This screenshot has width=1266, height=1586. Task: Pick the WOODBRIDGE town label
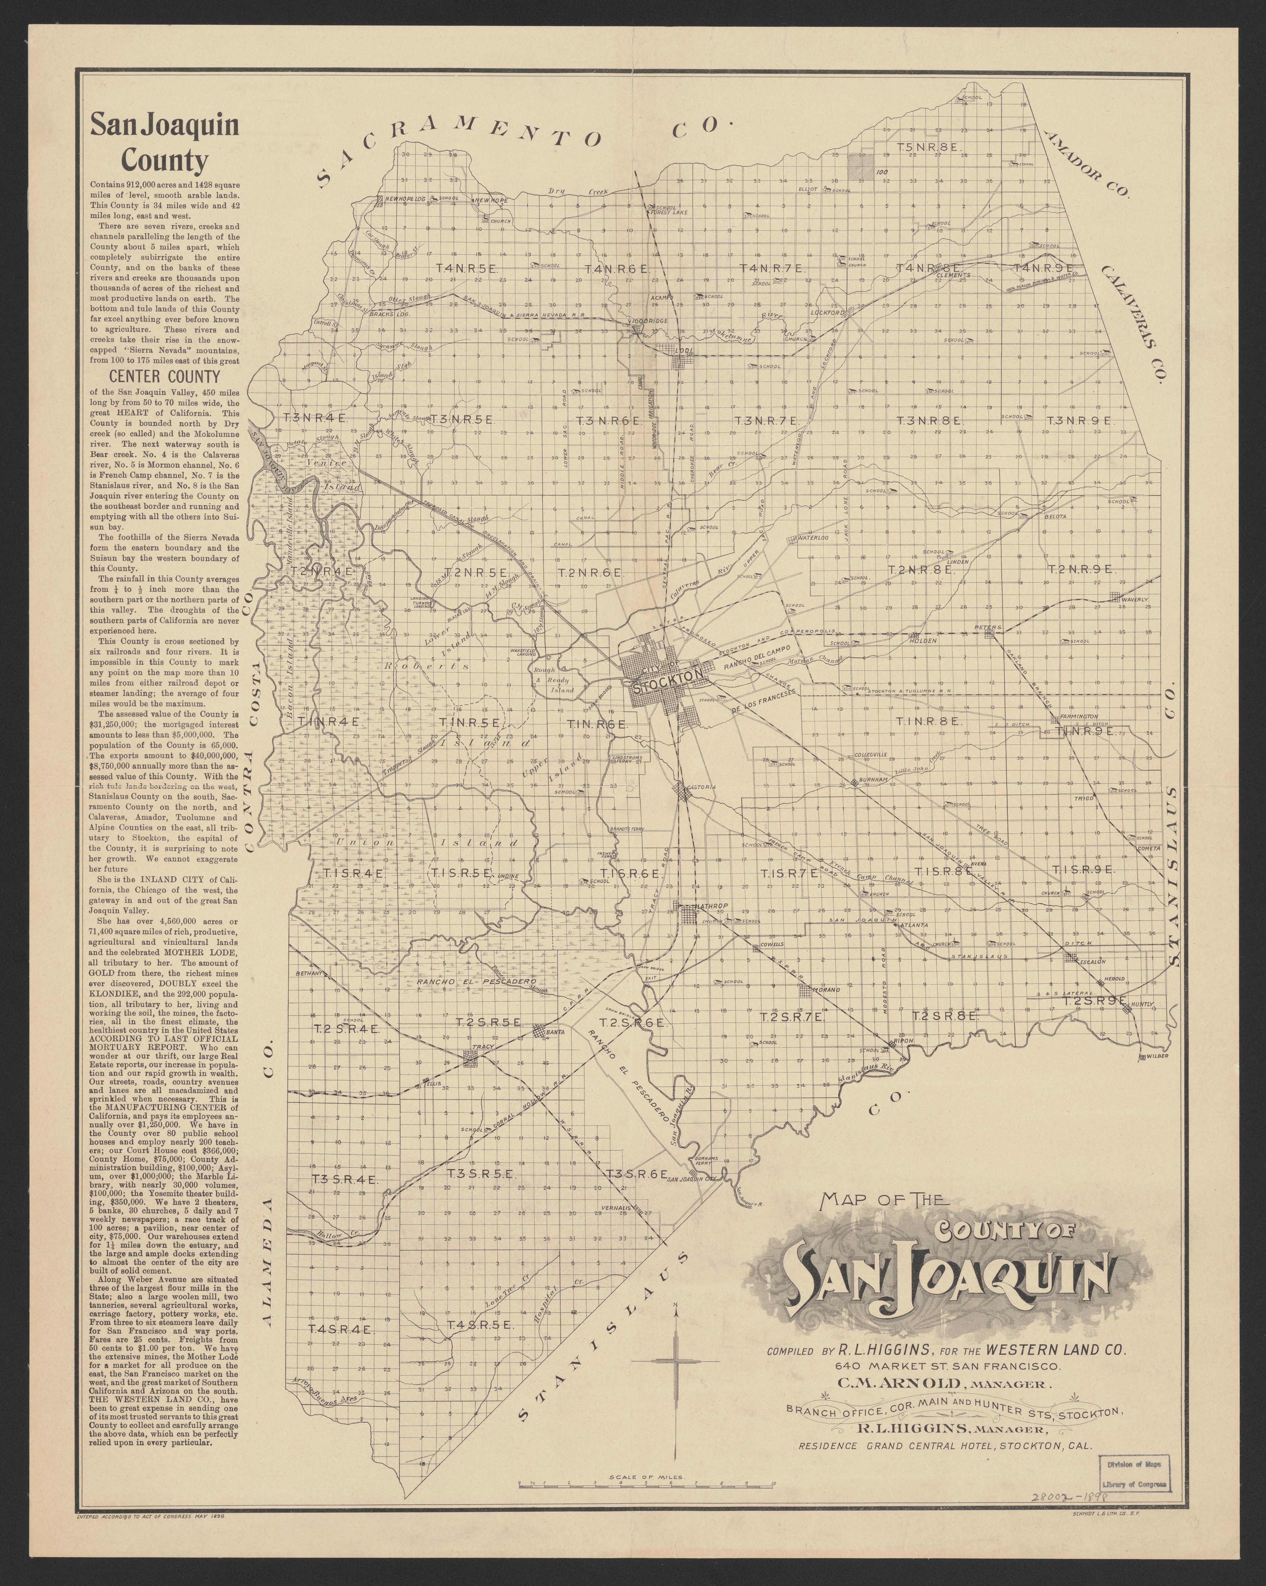(x=649, y=322)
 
